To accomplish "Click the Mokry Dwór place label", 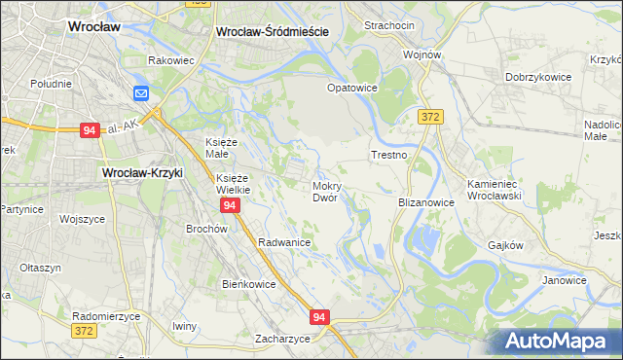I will [325, 191].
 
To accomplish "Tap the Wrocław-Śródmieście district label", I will [272, 31].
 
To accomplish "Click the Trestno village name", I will [388, 155].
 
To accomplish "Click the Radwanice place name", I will [284, 242].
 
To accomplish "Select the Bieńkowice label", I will [249, 284].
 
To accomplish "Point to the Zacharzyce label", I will [282, 339].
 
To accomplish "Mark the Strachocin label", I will [389, 24].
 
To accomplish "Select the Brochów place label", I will [206, 229].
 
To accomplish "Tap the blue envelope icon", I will [141, 93].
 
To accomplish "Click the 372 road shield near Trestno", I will [431, 117].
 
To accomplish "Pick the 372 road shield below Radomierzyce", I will [85, 332].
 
